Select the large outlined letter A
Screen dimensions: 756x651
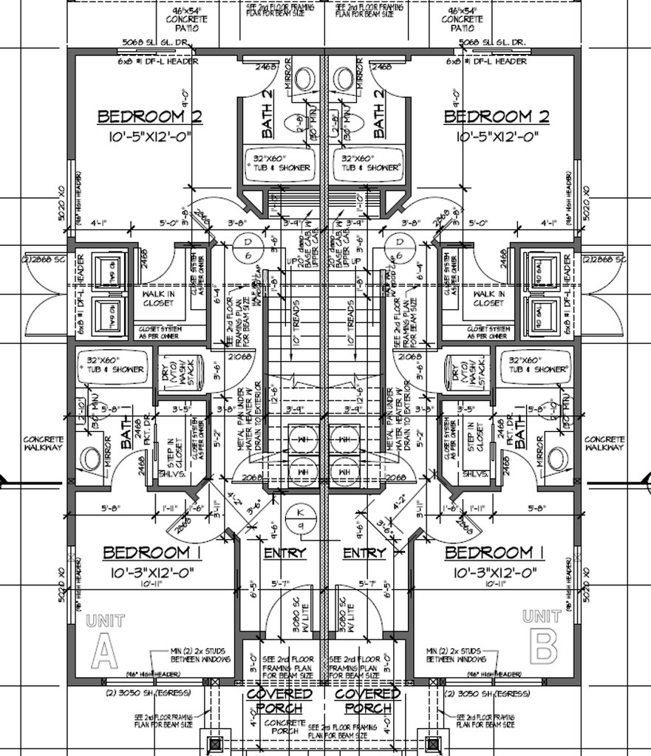pos(104,651)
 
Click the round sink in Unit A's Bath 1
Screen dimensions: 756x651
pos(91,458)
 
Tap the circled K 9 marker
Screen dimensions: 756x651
pos(301,518)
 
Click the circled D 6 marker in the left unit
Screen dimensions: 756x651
pos(248,248)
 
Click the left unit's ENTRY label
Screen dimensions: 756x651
pos(284,554)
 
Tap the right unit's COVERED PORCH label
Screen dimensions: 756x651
pos(368,701)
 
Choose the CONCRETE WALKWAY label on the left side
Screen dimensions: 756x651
pos(44,443)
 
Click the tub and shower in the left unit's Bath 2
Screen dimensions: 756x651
pos(282,163)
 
